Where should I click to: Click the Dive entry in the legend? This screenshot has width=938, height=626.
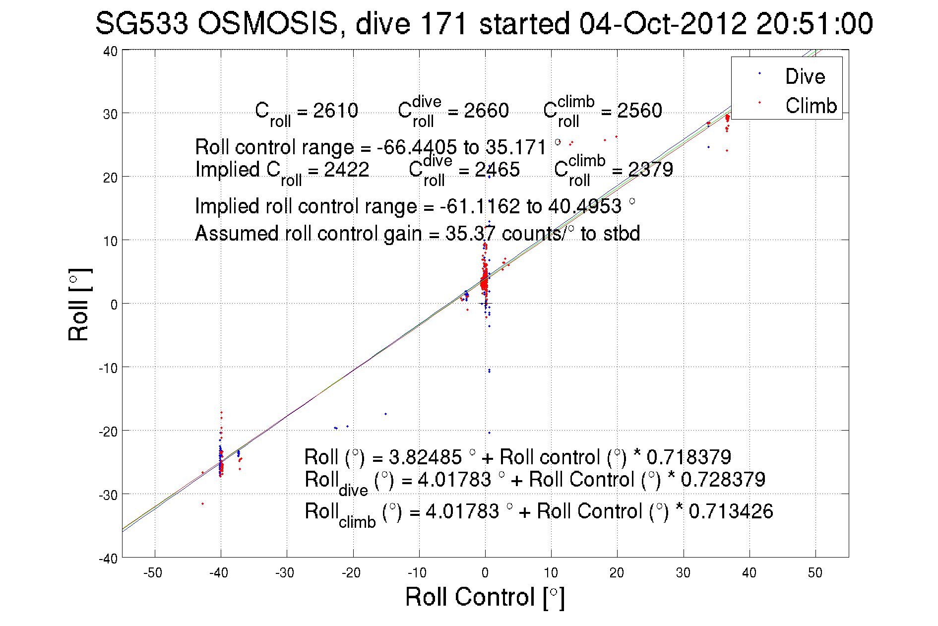(x=804, y=76)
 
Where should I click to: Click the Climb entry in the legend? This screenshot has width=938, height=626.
(x=811, y=106)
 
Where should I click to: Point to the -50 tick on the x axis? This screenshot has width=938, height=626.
(x=153, y=573)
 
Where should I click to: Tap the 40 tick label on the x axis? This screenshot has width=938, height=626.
(x=749, y=573)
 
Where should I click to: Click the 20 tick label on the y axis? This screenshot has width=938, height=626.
(x=110, y=178)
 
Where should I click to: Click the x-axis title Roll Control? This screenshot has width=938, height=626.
(x=484, y=597)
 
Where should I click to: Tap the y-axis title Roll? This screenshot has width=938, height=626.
(x=78, y=305)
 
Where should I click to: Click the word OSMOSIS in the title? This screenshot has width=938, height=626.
(x=268, y=24)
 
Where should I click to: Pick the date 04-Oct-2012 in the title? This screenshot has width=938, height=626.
(x=662, y=24)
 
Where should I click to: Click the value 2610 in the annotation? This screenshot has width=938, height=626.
(x=335, y=111)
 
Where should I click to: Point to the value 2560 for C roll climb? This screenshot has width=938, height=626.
(x=639, y=111)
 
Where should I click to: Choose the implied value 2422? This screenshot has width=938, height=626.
(x=346, y=170)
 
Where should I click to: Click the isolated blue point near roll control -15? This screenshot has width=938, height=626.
(x=385, y=414)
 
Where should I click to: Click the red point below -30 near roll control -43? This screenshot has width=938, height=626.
(x=202, y=504)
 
